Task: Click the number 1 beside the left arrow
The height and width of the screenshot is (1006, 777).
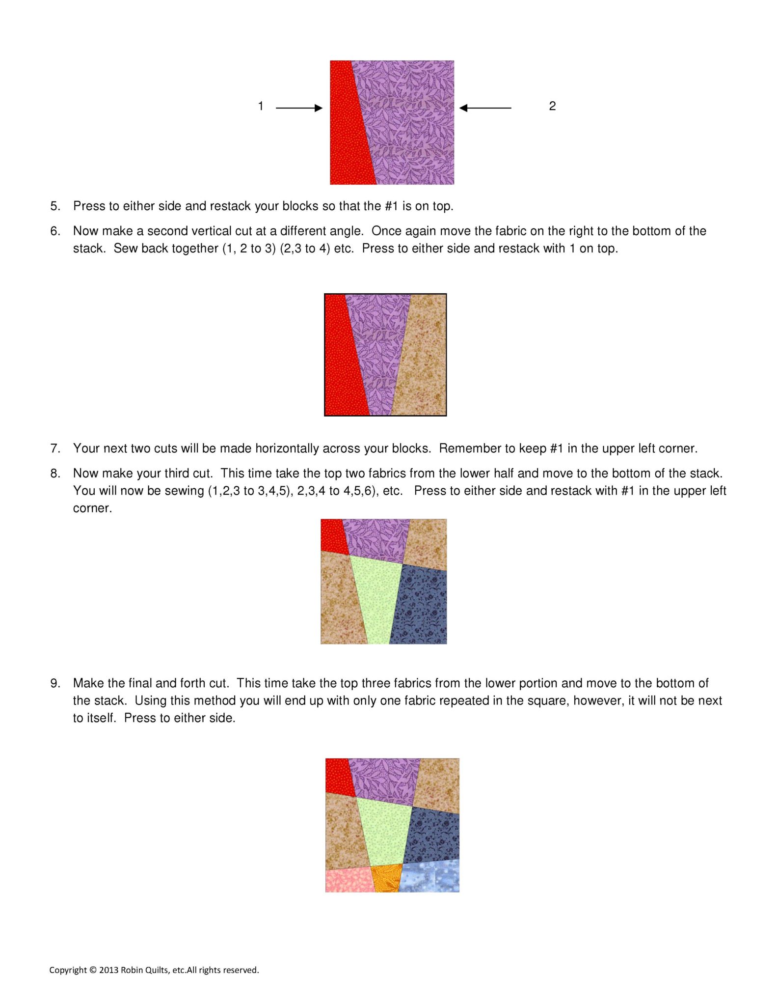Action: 261,106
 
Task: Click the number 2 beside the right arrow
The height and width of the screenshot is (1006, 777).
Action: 552,106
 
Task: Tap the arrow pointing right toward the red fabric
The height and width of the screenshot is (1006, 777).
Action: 299,108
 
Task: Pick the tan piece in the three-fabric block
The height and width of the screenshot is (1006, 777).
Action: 423,359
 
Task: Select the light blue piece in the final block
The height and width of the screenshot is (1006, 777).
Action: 431,877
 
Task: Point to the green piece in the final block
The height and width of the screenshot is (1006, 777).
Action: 385,833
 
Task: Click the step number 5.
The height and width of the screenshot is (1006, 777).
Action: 55,206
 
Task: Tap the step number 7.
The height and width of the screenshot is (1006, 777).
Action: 55,448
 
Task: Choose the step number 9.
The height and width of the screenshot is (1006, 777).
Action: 55,683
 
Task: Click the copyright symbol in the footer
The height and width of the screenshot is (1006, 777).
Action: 93,970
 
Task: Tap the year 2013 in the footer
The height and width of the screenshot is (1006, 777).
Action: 108,970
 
